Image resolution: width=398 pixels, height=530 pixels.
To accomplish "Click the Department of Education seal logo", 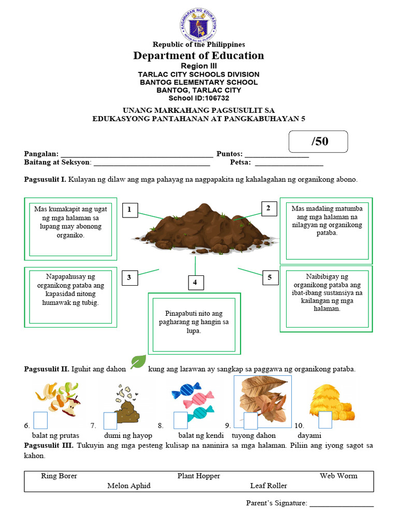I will (198, 24).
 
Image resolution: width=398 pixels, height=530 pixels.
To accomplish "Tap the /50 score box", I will (318, 141).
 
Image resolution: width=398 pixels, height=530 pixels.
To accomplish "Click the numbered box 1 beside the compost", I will (130, 210).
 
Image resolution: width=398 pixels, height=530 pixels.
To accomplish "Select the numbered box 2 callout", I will (268, 209).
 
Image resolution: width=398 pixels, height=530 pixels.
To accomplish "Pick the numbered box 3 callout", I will (129, 278).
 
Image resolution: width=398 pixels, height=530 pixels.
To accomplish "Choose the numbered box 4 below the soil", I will (195, 282).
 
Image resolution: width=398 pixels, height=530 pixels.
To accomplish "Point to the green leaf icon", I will (138, 362).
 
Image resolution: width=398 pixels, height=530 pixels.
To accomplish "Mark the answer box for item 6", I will (40, 420).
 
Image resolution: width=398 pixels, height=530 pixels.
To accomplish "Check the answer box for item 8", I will (180, 420).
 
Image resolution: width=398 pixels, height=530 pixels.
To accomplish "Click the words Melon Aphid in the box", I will (129, 485).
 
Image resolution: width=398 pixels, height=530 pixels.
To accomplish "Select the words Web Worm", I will (338, 476).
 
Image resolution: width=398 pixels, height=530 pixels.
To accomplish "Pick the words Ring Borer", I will (59, 476).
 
